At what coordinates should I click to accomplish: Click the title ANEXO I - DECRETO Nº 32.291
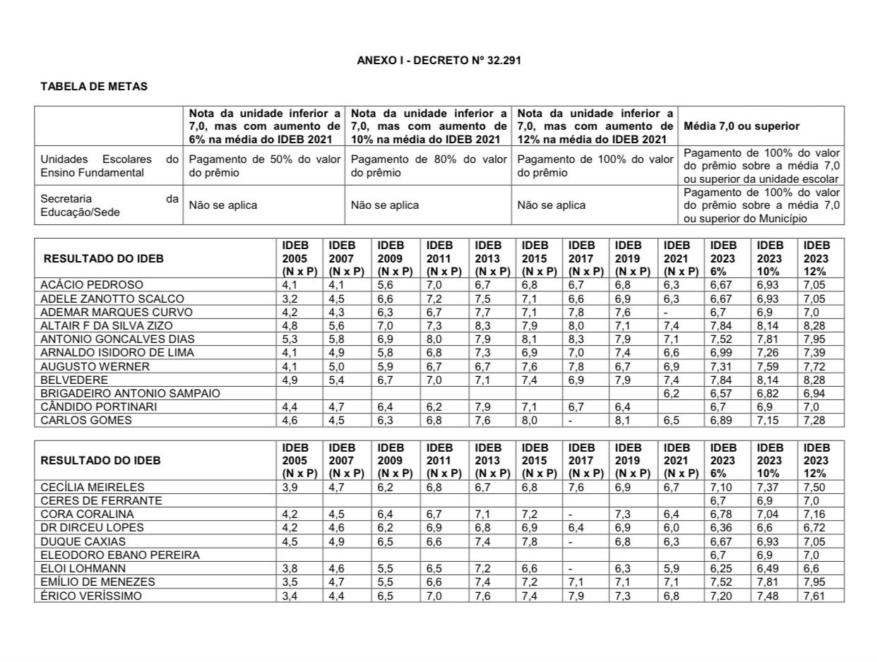pos(438,61)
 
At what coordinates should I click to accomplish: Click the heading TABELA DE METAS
pos(94,87)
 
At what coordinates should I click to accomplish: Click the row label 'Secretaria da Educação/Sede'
pos(109,205)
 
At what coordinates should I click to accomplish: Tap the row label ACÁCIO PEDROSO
pos(92,285)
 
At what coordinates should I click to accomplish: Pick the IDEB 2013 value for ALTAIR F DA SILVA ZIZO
pos(484,325)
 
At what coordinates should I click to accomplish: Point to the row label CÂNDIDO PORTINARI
pos(99,407)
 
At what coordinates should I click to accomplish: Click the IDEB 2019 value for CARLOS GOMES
pos(624,421)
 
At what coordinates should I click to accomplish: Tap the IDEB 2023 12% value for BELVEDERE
pos(814,380)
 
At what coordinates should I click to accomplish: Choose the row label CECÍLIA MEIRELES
pos(93,488)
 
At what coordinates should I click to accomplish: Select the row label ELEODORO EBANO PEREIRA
pos(120,555)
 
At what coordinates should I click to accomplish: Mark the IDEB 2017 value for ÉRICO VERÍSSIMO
pos(578,596)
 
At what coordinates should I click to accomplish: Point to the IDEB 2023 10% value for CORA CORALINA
pos(768,514)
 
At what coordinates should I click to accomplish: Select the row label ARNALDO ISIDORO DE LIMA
pos(117,353)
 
